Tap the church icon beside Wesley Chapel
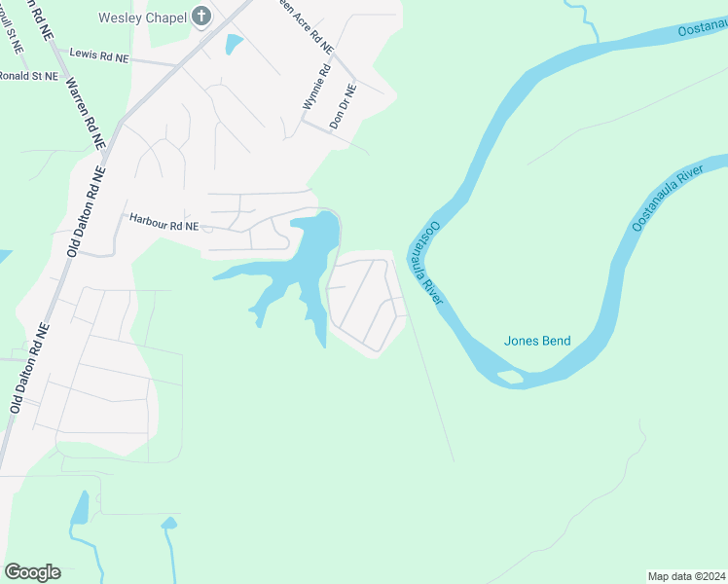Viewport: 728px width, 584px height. tap(201, 16)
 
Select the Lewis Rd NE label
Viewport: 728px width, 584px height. tap(92, 56)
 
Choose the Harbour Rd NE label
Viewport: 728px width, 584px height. tap(164, 225)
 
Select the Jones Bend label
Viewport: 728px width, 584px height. tap(537, 341)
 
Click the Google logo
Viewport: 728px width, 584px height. tap(32, 572)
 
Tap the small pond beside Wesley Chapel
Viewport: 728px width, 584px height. tap(234, 45)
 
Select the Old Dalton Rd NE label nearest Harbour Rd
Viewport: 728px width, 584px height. tap(86, 211)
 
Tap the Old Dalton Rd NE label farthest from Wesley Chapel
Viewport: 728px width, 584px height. tap(27, 369)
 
